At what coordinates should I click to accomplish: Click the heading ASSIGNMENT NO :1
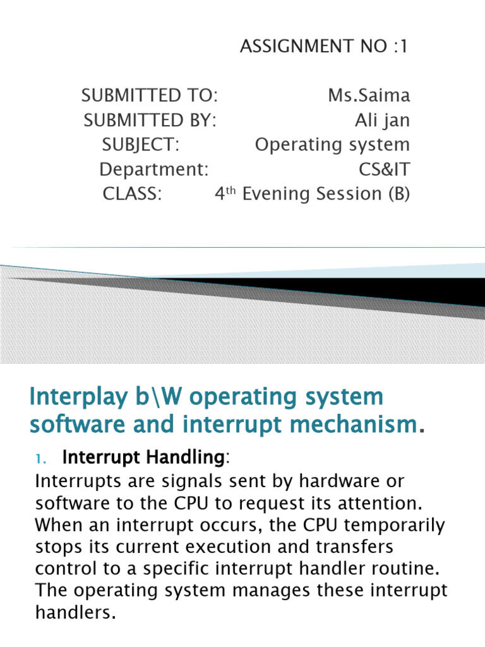[325, 47]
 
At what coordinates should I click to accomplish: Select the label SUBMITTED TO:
[150, 96]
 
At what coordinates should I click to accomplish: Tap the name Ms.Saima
[369, 96]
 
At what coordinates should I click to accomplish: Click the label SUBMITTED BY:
[150, 120]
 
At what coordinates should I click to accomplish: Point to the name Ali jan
[382, 120]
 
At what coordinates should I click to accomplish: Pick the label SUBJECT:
[141, 145]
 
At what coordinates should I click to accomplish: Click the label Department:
[154, 169]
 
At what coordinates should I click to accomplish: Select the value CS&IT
[384, 169]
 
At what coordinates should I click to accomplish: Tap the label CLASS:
[133, 194]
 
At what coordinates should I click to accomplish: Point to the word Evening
[273, 194]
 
